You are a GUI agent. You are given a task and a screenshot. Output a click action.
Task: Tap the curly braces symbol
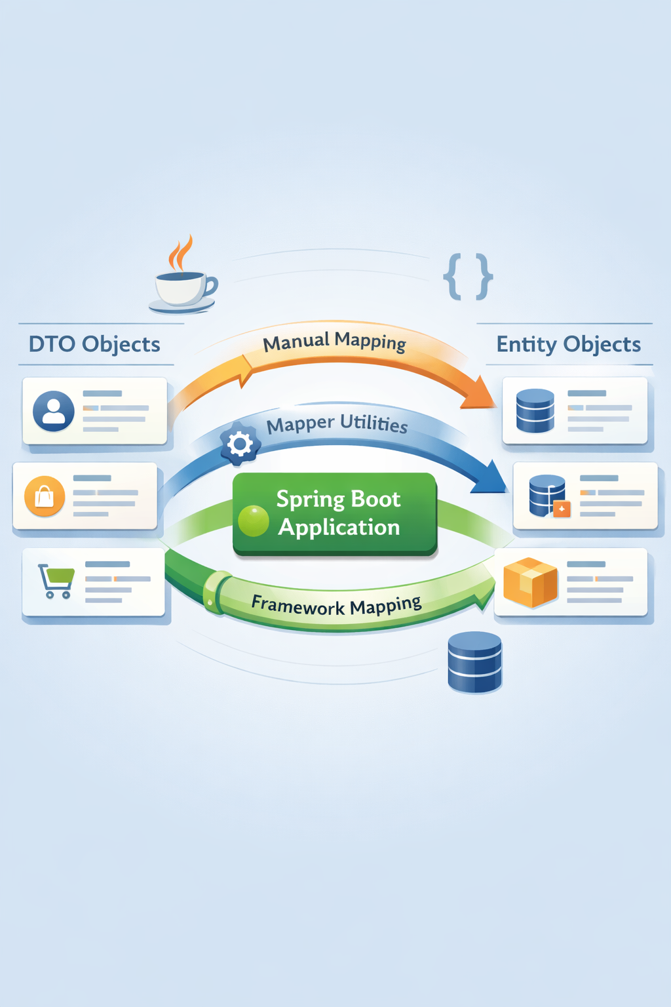[x=468, y=277]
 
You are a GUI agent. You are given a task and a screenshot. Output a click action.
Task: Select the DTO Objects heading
[x=94, y=344]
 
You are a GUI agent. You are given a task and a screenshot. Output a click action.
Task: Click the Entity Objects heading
[x=568, y=344]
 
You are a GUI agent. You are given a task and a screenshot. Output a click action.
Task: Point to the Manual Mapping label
[x=334, y=342]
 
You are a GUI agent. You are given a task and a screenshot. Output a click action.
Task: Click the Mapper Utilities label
[x=337, y=424]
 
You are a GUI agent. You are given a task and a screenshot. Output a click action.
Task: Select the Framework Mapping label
[x=336, y=605]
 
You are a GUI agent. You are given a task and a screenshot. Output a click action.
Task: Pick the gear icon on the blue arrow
[x=240, y=444]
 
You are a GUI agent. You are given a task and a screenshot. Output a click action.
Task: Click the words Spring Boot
[x=338, y=500]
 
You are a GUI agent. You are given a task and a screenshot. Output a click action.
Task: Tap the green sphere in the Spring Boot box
[x=254, y=521]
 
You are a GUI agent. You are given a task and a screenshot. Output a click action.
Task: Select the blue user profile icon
[x=54, y=411]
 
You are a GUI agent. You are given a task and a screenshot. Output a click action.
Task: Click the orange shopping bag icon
[x=45, y=496]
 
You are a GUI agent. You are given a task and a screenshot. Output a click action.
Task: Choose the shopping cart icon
[x=56, y=581]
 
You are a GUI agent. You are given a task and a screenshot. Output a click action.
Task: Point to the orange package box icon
[x=530, y=582]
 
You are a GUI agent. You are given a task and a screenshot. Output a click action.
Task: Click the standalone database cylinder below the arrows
[x=474, y=662]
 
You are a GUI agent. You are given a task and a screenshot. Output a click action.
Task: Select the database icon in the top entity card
[x=535, y=411]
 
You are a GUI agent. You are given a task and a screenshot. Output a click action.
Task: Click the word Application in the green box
[x=339, y=528]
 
